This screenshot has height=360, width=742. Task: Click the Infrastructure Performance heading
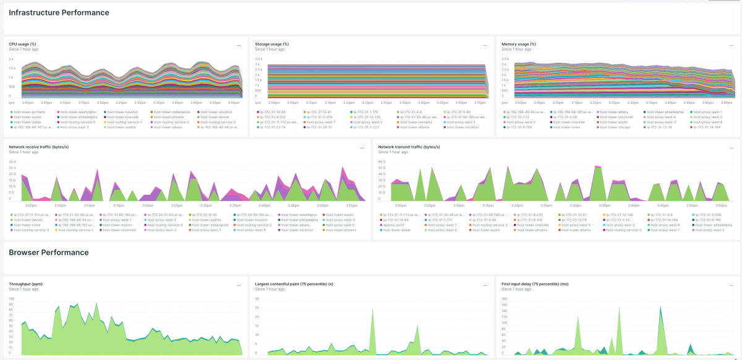[59, 12]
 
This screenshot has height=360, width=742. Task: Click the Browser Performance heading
[48, 252]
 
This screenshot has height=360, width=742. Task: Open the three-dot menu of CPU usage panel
[239, 45]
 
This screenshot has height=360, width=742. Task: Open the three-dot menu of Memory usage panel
[731, 45]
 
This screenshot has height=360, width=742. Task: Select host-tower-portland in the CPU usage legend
[28, 112]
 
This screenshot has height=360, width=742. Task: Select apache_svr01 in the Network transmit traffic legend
[393, 225]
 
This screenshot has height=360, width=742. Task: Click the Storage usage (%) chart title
[271, 44]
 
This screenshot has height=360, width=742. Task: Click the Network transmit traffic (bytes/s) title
[409, 147]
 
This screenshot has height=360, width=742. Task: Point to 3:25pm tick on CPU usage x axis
[121, 102]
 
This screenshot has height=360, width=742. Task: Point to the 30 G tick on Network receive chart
[12, 161]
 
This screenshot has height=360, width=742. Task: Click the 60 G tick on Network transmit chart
[382, 162]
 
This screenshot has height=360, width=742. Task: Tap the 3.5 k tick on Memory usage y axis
[505, 59]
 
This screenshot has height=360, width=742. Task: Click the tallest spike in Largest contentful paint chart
[372, 309]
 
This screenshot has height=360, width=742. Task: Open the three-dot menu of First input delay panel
[731, 285]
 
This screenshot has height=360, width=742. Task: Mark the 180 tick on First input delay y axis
[504, 299]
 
